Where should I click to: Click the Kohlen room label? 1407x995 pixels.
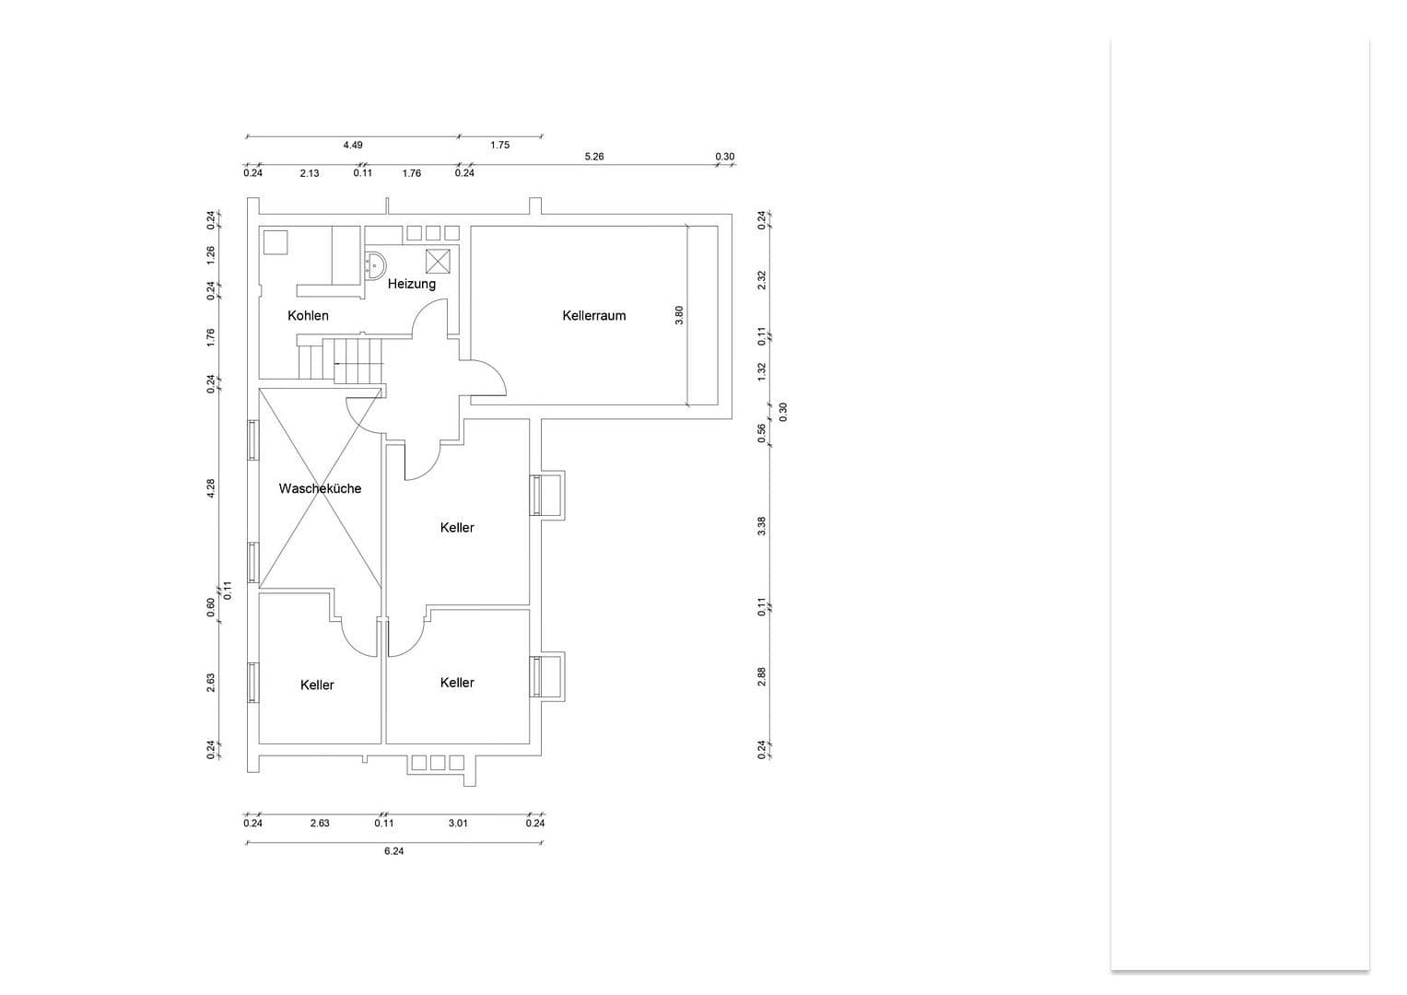[308, 316]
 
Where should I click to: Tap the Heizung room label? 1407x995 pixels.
[411, 284]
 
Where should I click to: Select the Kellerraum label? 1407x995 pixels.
[593, 316]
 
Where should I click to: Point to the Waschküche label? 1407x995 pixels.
[320, 488]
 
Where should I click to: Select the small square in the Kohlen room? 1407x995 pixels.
[276, 241]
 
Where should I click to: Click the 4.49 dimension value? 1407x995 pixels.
[353, 146]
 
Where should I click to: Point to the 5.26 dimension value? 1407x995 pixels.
[594, 157]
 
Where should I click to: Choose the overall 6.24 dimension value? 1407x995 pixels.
[393, 851]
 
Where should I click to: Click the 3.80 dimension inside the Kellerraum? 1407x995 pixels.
[679, 314]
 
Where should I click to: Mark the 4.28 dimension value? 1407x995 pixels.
[211, 488]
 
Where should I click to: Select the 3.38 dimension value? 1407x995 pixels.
[761, 526]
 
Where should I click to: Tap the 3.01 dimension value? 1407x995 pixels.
[458, 824]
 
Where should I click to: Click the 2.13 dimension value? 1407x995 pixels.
[310, 173]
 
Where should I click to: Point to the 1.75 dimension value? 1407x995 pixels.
[499, 146]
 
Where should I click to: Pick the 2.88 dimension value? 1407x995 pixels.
[761, 677]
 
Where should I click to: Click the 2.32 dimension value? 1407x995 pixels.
[761, 280]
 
